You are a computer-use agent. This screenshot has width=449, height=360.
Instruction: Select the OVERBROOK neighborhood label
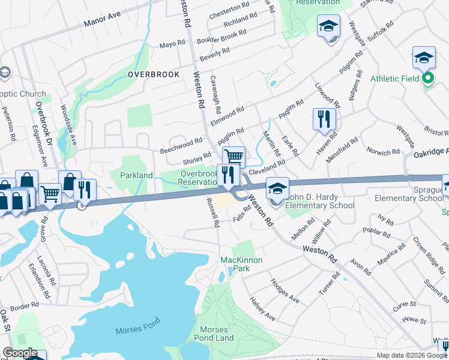coord(154,74)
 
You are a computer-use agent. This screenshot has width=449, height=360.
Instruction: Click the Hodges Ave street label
coord(285,290)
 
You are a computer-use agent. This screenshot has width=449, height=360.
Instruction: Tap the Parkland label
coord(136,175)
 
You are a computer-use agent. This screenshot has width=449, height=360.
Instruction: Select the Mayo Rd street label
coord(172,45)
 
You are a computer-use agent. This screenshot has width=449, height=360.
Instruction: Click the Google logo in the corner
coord(20,352)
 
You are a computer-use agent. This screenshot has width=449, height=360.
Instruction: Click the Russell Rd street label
coord(212,213)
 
